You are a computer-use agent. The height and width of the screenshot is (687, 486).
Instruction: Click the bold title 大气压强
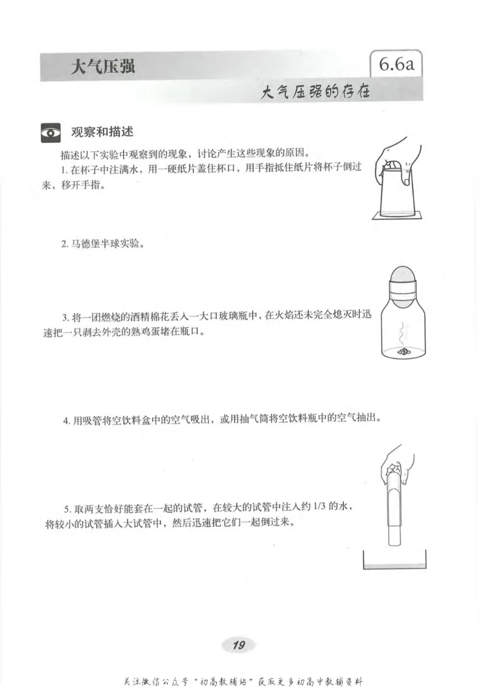click(x=103, y=66)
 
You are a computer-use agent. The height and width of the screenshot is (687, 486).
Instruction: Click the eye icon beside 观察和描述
click(x=50, y=132)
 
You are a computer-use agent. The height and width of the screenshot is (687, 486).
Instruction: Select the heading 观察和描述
click(x=102, y=132)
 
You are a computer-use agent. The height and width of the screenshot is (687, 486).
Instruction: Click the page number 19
click(x=239, y=645)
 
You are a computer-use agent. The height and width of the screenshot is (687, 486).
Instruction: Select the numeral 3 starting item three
click(x=64, y=317)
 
